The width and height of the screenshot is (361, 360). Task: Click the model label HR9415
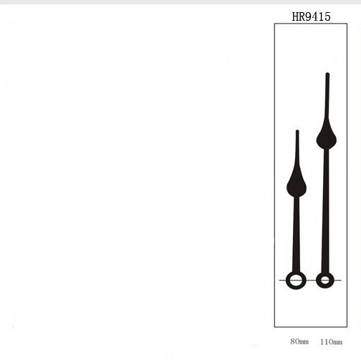312,16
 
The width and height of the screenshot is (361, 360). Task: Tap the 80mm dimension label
299,341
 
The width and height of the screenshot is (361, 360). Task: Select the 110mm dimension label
331,342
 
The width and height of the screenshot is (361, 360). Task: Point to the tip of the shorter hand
297,130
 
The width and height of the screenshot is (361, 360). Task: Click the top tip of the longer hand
327,74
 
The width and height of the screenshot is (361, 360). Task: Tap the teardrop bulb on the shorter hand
297,185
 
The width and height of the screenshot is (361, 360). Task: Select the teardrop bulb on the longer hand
327,137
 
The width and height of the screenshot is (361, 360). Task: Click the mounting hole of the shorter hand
296,280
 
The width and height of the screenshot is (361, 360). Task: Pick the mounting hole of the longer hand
325,280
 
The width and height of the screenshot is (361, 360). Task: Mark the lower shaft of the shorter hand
297,235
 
